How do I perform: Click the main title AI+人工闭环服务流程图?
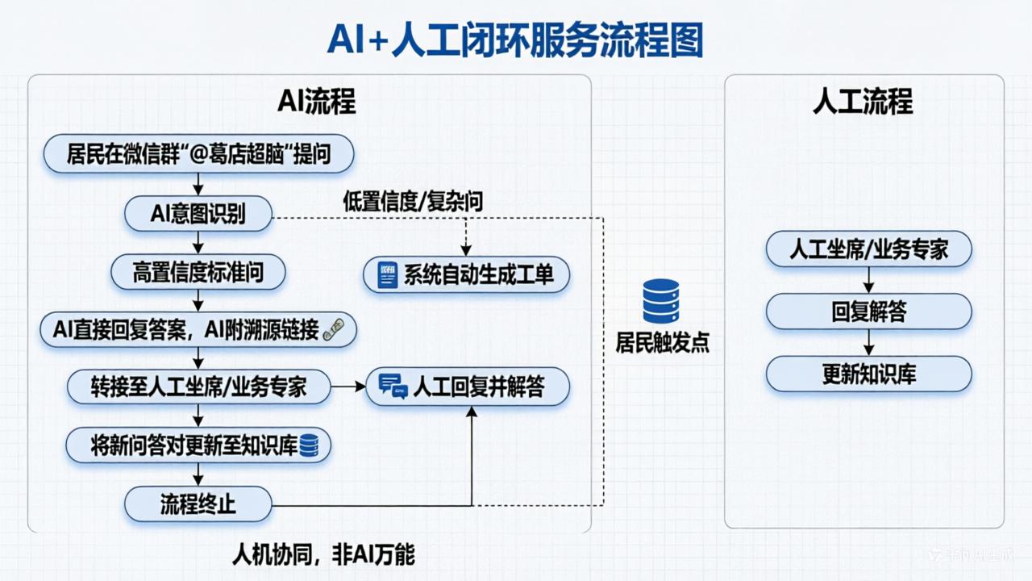pyautogui.click(x=514, y=39)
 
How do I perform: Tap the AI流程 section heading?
pyautogui.click(x=316, y=102)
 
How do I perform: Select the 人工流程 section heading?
pyautogui.click(x=863, y=102)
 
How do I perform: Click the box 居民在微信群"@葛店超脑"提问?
pyautogui.click(x=198, y=154)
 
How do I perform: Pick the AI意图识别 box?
pyautogui.click(x=198, y=214)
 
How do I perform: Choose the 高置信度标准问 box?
pyautogui.click(x=198, y=273)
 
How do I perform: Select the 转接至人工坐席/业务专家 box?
pyautogui.click(x=198, y=387)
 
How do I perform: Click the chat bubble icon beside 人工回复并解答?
pyautogui.click(x=393, y=387)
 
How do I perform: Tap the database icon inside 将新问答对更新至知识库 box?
pyautogui.click(x=310, y=446)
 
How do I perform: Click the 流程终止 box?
pyautogui.click(x=198, y=505)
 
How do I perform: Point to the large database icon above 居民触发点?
pyautogui.click(x=660, y=301)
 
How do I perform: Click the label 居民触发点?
pyautogui.click(x=662, y=342)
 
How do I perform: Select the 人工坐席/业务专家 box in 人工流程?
pyautogui.click(x=868, y=249)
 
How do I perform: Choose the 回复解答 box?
pyautogui.click(x=868, y=311)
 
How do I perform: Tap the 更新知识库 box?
pyautogui.click(x=868, y=374)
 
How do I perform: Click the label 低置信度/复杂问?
pyautogui.click(x=413, y=202)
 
